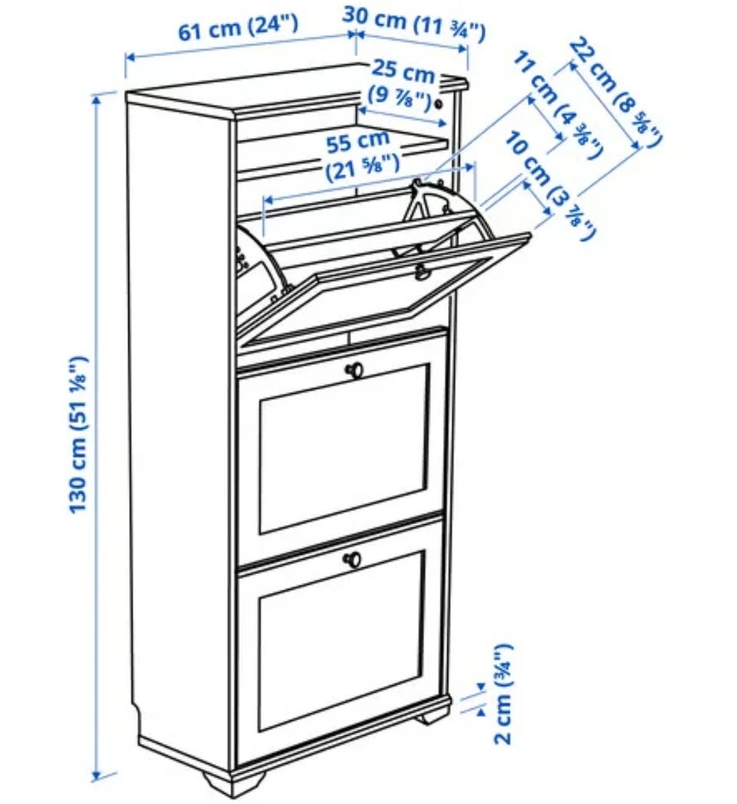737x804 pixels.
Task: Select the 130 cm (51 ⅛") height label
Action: (78, 434)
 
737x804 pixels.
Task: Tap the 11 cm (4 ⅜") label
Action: (557, 105)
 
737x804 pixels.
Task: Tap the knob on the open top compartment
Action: (422, 272)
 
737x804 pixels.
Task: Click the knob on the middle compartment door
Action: (354, 371)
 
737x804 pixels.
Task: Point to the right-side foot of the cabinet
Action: (435, 714)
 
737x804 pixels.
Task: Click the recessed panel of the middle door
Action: (345, 449)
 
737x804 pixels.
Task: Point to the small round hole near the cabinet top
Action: (439, 104)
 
